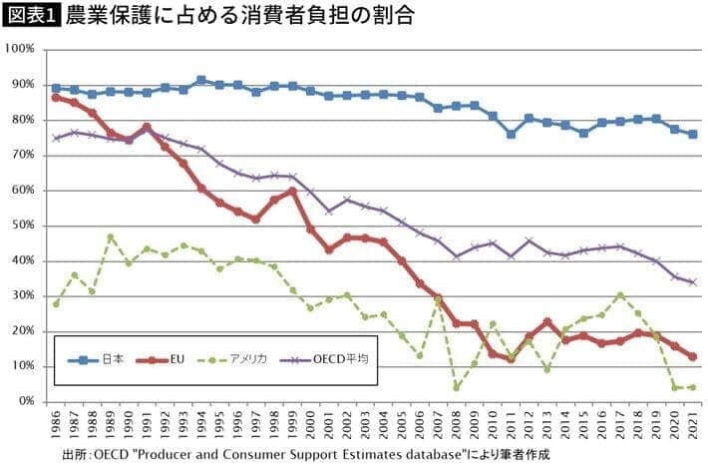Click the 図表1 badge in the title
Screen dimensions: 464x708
point(32,17)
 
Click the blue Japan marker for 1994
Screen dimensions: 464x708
point(201,80)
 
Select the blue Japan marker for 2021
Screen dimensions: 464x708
point(692,134)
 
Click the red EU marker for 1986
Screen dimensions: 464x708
point(56,97)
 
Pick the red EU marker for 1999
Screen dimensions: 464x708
point(292,191)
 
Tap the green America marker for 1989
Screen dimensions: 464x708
point(111,236)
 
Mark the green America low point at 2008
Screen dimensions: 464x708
point(456,387)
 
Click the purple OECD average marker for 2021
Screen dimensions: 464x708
point(692,282)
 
